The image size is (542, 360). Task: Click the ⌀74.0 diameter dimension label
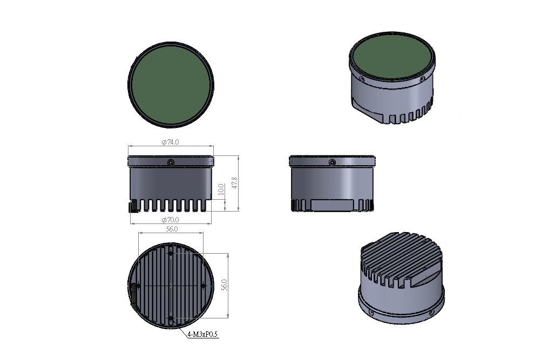171,142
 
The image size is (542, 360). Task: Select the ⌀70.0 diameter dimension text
171,220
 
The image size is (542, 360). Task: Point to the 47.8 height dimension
235,183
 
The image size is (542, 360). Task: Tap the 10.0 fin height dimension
221,189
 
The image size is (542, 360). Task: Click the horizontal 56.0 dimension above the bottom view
172,229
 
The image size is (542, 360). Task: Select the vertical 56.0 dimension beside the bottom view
225,286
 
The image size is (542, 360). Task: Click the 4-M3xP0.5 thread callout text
202,335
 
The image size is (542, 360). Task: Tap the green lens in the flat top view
171,85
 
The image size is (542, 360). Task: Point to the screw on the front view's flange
171,162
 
